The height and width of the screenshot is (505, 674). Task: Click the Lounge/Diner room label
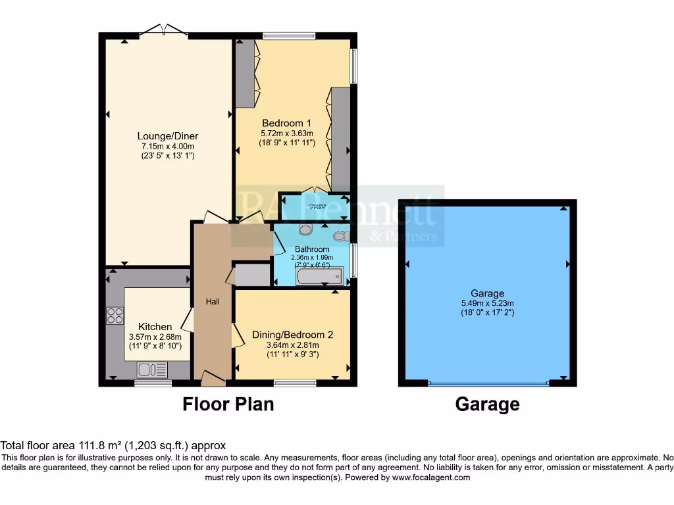pyautogui.click(x=167, y=135)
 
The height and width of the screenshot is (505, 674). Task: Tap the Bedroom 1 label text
pyautogui.click(x=286, y=123)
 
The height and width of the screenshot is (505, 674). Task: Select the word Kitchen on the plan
pyautogui.click(x=155, y=326)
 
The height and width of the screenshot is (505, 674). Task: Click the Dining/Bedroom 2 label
pyautogui.click(x=292, y=334)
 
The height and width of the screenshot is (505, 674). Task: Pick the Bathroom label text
pyautogui.click(x=312, y=249)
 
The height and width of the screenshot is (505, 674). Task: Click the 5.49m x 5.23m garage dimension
pyautogui.click(x=487, y=303)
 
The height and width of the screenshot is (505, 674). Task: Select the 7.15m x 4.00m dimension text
pyautogui.click(x=167, y=146)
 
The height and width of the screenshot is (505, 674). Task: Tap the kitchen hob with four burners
pyautogui.click(x=115, y=316)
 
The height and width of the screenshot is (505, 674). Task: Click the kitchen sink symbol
pyautogui.click(x=152, y=370)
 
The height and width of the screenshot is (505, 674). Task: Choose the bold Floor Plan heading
pyautogui.click(x=228, y=404)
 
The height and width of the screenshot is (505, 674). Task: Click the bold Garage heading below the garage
pyautogui.click(x=487, y=404)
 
